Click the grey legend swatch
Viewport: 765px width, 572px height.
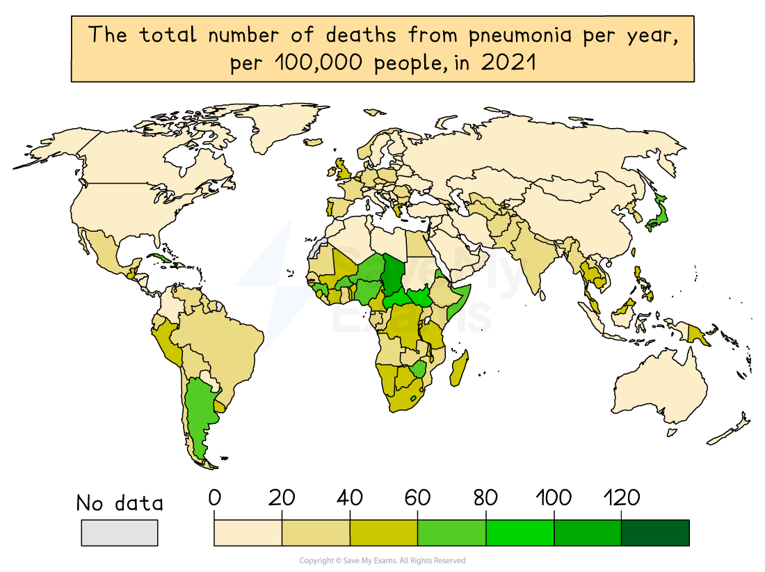click(120, 532)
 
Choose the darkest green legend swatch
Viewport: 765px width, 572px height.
click(654, 532)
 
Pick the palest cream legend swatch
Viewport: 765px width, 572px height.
click(248, 532)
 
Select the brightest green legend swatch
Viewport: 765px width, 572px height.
click(520, 532)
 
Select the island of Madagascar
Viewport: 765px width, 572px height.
click(459, 368)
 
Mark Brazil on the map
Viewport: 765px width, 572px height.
click(223, 341)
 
